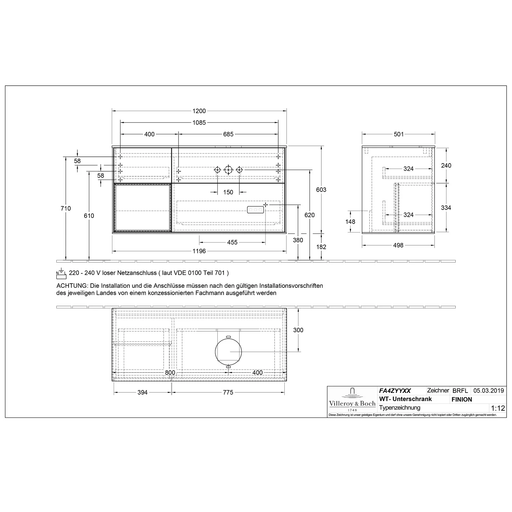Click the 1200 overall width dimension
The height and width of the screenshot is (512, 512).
click(x=199, y=111)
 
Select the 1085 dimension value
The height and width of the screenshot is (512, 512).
click(x=199, y=123)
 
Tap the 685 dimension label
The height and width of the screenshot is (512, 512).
click(x=228, y=134)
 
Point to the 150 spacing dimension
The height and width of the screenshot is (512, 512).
click(x=228, y=192)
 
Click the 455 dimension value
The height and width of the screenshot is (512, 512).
click(x=232, y=242)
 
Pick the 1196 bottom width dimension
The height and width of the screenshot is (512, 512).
click(x=199, y=251)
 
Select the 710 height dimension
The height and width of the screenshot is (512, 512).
click(x=66, y=209)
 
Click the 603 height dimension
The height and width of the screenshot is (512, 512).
click(x=321, y=190)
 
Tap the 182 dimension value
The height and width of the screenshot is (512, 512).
click(x=321, y=247)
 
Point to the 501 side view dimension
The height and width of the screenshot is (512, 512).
click(x=399, y=134)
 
